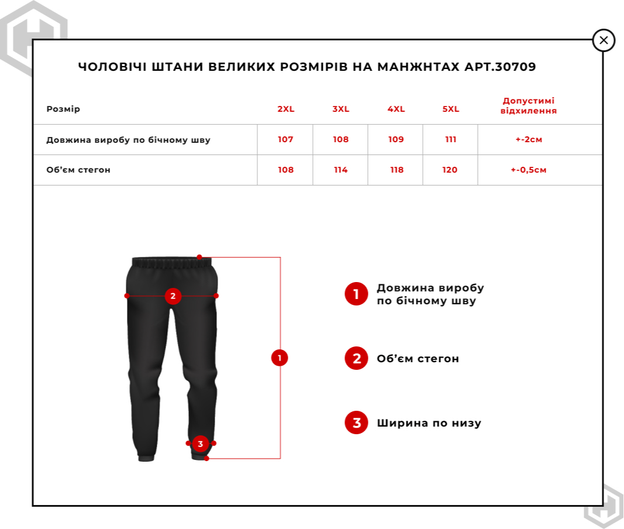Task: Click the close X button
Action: (604, 40)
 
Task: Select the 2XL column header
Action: (286, 109)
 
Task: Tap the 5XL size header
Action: (451, 109)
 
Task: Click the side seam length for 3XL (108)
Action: (340, 139)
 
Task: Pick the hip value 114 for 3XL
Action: (340, 170)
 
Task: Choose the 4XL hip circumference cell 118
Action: (397, 170)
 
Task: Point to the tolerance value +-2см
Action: (528, 139)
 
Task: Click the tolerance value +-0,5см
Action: (528, 170)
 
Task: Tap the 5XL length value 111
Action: (451, 139)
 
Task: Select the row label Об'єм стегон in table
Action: (78, 170)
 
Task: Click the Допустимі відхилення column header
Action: (528, 105)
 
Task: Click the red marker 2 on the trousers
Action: (173, 296)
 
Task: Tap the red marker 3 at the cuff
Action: (200, 444)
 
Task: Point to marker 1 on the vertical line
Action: (280, 358)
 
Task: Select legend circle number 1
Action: (356, 294)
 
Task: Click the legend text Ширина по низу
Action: (429, 422)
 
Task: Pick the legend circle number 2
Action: (356, 358)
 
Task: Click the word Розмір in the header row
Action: (63, 109)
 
